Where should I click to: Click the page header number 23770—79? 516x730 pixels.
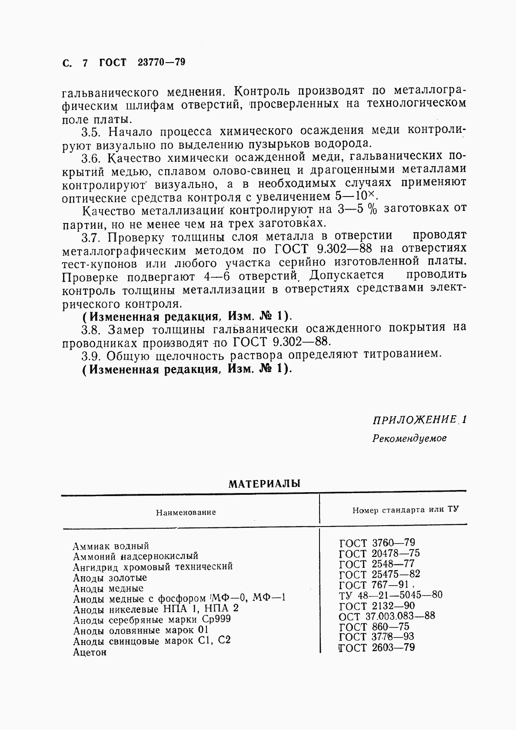[161, 62]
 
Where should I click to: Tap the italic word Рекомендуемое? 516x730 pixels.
[409, 438]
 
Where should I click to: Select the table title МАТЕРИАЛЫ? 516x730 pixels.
[264, 483]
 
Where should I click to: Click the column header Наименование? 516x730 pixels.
[186, 512]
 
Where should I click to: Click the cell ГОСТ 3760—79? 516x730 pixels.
[377, 543]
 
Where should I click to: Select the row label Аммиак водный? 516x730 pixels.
[111, 546]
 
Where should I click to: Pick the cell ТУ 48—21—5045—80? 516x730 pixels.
[390, 595]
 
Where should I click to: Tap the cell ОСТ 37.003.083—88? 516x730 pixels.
[387, 616]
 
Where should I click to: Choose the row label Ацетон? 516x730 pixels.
[90, 652]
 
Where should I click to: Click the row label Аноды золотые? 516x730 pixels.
[110, 578]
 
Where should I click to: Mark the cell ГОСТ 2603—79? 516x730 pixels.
[377, 647]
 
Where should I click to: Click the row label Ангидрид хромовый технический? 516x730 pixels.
[153, 567]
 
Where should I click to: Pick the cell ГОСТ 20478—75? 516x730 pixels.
[379, 553]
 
